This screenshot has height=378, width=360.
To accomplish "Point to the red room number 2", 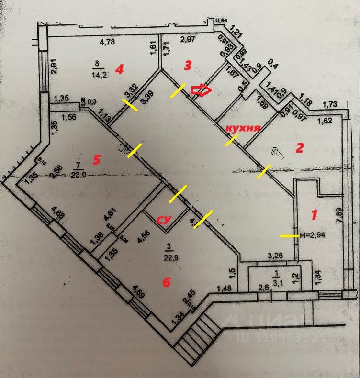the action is pos(299,148).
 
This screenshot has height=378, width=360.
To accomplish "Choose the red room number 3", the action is pos(188,65).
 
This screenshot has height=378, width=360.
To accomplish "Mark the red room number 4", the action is pos(119,70).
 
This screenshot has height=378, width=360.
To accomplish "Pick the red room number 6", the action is pos(166,282).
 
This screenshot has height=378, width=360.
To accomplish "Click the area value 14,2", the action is pos(100,73).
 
